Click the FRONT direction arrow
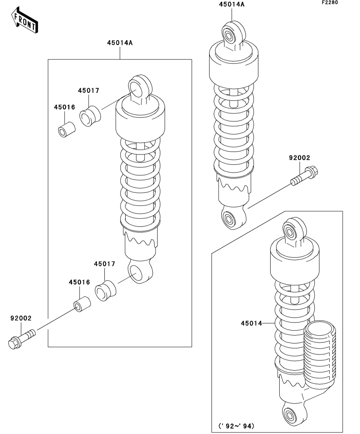(x=24, y=20)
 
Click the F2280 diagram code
(x=330, y=2)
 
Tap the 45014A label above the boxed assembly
(x=120, y=43)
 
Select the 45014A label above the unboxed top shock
(x=232, y=4)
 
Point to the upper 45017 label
(x=88, y=90)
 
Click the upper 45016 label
(x=65, y=107)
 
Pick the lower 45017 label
(x=104, y=264)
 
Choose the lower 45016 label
(x=80, y=282)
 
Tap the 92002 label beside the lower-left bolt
(x=21, y=318)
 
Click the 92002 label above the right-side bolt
(x=300, y=158)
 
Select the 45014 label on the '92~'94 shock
(x=251, y=323)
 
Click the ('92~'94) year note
(x=236, y=426)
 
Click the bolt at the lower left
(x=22, y=339)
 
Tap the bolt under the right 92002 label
(x=304, y=176)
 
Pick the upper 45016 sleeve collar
(x=67, y=129)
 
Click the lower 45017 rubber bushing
(x=105, y=291)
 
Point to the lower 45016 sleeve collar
(x=82, y=304)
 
